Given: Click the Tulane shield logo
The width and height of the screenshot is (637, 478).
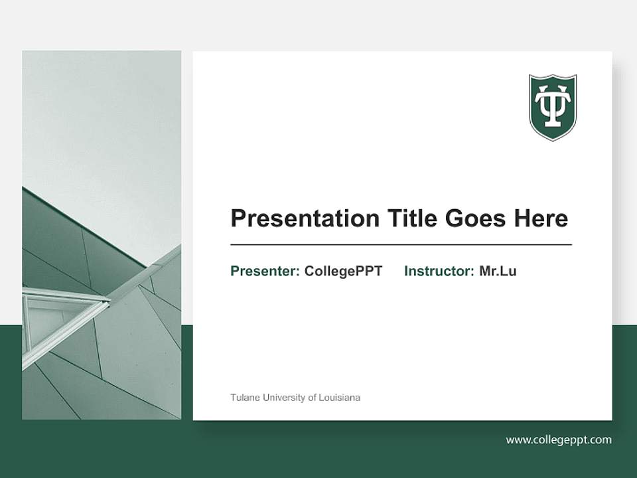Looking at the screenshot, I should coord(552,108).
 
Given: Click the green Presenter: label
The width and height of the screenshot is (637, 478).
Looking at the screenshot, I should coord(265,271).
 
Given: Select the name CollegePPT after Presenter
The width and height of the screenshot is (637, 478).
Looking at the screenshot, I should coord(343,271).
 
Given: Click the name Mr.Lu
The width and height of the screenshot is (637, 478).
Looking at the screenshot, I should coord(498,271).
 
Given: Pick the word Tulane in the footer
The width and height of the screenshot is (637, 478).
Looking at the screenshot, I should coord(245,398).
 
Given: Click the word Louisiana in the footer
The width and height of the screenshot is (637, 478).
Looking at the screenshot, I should coord(339,398).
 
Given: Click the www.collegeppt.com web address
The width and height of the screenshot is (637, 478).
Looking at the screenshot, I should coord(559,439).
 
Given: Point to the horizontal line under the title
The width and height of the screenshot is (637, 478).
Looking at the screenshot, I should coord(401,245).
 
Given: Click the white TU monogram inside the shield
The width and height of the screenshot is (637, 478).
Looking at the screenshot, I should coord(552,105).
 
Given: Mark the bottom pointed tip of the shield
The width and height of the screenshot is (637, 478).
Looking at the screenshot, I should coord(552,139).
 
